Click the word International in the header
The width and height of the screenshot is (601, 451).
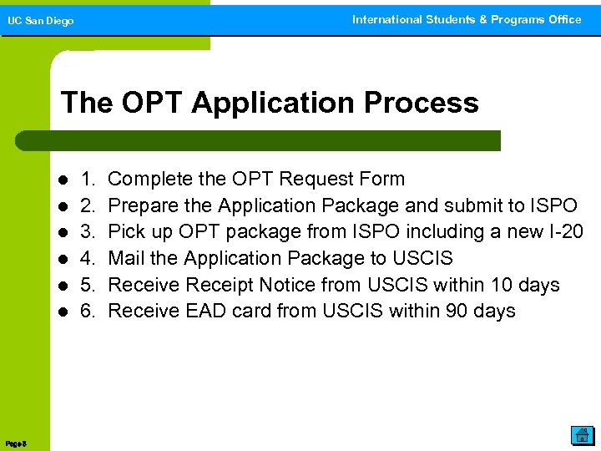point(387,19)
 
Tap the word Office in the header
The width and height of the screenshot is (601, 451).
point(563,19)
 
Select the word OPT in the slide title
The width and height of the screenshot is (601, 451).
point(155,103)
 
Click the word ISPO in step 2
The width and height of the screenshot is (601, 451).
point(553,205)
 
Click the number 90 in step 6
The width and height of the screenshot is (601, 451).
point(447,312)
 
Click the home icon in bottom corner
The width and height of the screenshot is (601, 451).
point(581,434)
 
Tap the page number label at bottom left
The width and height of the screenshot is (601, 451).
point(16,443)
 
